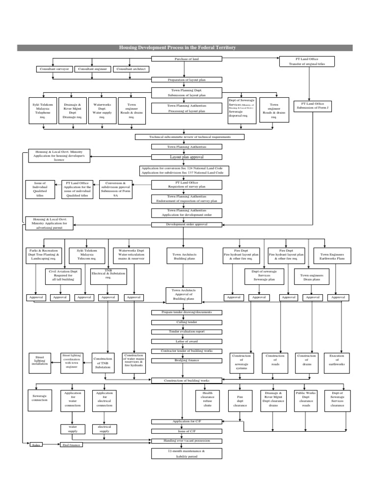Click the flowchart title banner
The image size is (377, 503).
[185, 48]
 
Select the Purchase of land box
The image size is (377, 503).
[187, 59]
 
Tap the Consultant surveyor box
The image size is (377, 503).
[55, 69]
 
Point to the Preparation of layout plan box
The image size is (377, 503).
[187, 79]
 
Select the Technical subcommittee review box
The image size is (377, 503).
[189, 137]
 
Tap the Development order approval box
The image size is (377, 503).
[187, 224]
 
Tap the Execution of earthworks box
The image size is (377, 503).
[337, 360]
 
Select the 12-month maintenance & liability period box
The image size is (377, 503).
[187, 453]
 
